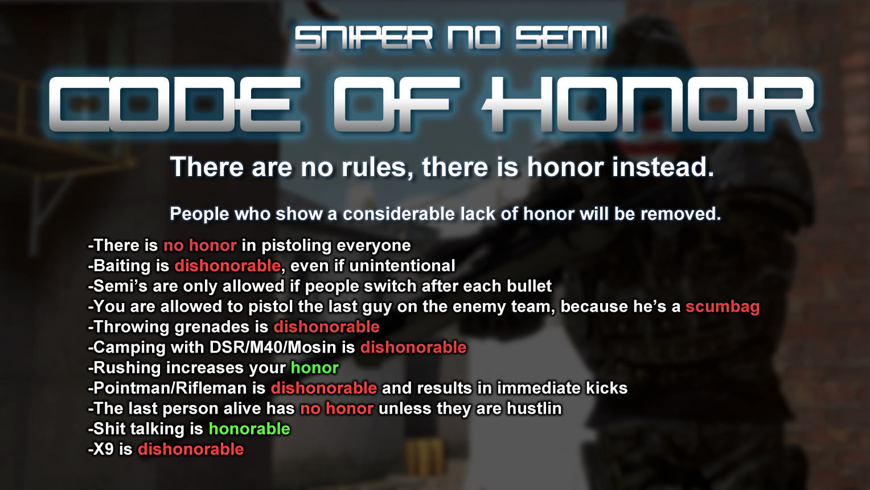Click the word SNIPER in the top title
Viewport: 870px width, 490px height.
pyautogui.click(x=363, y=38)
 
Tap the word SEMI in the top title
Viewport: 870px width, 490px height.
pyautogui.click(x=561, y=38)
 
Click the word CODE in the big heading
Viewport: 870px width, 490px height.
pyautogui.click(x=175, y=104)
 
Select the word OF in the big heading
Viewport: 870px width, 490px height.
pyautogui.click(x=396, y=104)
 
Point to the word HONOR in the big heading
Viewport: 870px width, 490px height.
pyautogui.click(x=648, y=104)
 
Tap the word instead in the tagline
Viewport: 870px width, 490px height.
pyautogui.click(x=663, y=167)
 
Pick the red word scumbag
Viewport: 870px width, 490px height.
pyautogui.click(x=723, y=307)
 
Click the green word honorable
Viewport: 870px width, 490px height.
pyautogui.click(x=249, y=429)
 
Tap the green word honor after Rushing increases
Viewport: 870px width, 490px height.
pyautogui.click(x=315, y=368)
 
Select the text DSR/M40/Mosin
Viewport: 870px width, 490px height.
pyautogui.click(x=273, y=348)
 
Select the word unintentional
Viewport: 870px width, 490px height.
pyautogui.click(x=402, y=266)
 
